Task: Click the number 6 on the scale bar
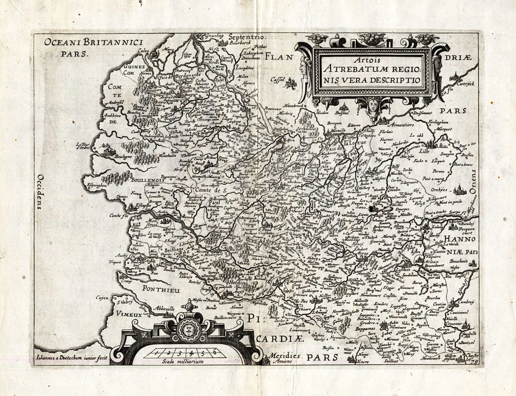tap(215, 352)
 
